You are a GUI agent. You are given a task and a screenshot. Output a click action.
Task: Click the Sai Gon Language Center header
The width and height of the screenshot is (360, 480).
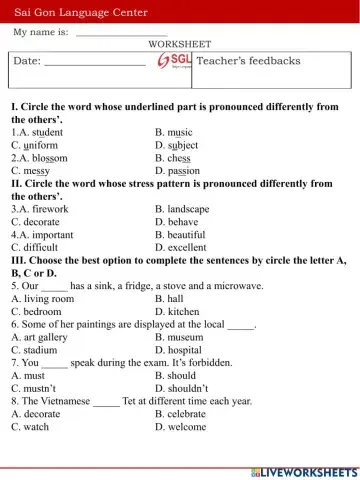pos(81,12)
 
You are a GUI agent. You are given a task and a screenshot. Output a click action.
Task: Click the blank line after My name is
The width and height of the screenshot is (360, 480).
pos(121,34)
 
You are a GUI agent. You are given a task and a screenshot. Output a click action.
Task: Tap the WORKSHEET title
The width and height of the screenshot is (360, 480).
pos(180,45)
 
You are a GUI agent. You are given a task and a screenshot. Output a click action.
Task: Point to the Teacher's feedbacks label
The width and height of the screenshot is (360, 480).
pos(249,61)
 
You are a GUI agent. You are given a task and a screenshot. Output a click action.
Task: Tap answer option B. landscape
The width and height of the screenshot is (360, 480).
pos(183,209)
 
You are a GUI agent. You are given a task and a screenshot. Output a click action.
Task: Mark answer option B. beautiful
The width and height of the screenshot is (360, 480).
pos(181,235)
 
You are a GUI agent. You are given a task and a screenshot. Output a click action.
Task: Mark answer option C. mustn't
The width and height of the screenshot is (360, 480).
pos(35,389)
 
